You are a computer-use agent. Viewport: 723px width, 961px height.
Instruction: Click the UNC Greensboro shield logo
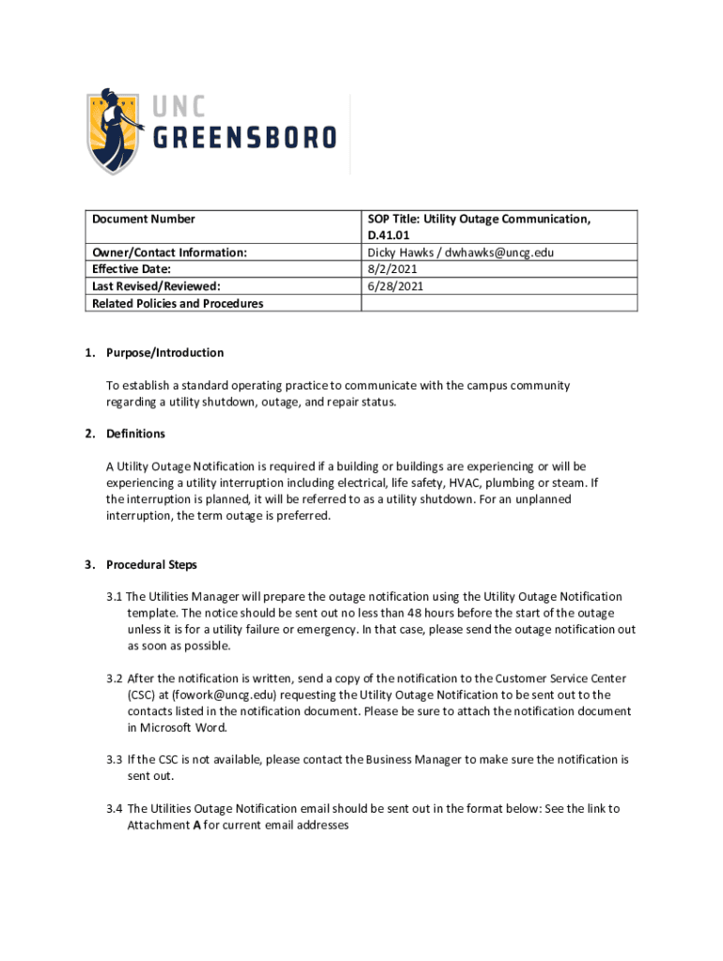[117, 130]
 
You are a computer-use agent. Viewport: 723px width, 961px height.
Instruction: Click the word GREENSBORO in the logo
[243, 138]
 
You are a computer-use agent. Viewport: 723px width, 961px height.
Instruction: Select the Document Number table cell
[144, 220]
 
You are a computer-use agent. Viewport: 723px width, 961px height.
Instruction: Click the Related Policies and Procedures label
[177, 303]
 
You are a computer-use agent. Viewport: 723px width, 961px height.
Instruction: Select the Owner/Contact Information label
[169, 252]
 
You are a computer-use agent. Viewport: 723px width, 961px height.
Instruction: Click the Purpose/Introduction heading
[164, 353]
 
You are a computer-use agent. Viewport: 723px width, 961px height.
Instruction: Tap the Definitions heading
[135, 434]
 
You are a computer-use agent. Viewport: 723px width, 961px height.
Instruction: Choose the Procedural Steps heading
[151, 565]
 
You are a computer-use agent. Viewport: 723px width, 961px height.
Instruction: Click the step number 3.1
[115, 597]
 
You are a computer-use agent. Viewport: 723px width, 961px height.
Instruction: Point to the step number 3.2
[115, 679]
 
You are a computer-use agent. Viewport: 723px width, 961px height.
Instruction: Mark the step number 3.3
[115, 759]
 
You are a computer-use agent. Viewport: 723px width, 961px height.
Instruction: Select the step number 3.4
[115, 809]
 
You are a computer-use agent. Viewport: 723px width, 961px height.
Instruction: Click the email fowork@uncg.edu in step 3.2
[203, 694]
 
